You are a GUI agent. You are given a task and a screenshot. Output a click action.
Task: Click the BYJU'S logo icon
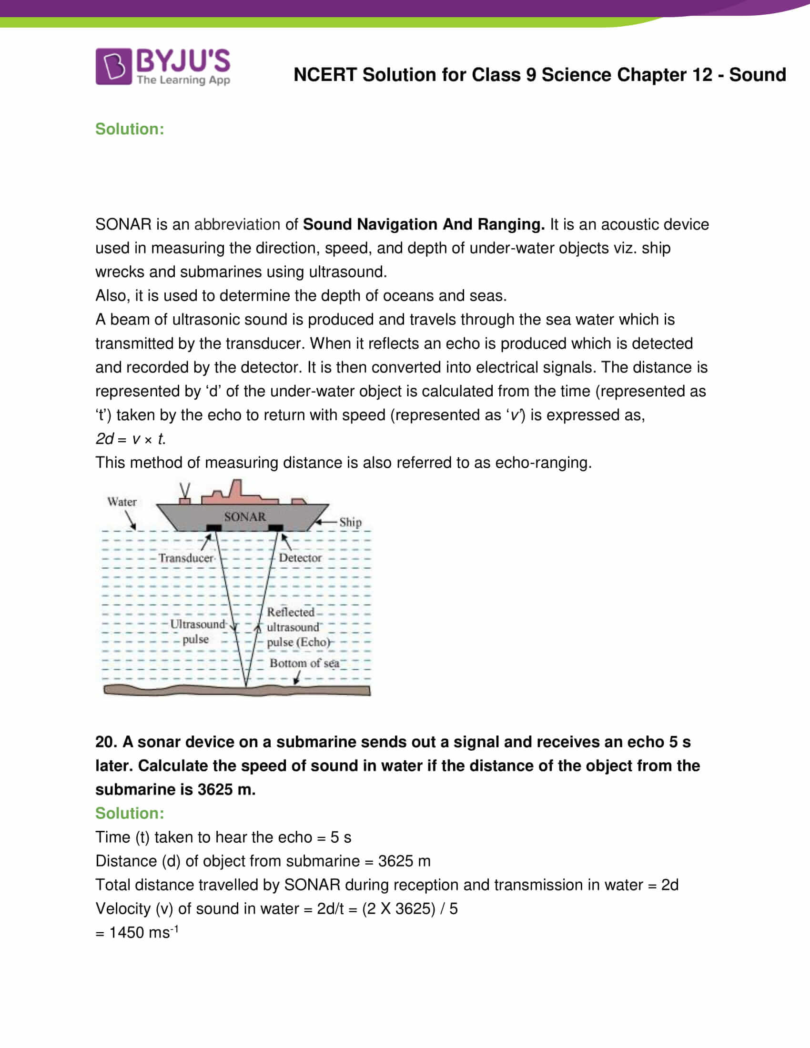click(x=113, y=66)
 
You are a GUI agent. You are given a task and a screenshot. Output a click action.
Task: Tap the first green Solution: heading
click(x=130, y=129)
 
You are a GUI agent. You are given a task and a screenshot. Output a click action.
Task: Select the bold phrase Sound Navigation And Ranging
click(x=423, y=224)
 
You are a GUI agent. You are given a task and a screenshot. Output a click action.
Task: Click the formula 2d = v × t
click(x=130, y=439)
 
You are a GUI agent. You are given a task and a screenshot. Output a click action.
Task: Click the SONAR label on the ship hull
click(x=245, y=517)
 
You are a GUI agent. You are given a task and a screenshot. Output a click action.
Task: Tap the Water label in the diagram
click(x=122, y=502)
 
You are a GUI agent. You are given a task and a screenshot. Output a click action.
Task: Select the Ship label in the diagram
click(x=350, y=522)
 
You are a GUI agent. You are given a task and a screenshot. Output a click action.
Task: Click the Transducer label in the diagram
click(x=186, y=558)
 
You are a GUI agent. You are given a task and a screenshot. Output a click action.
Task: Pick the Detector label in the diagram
click(x=300, y=558)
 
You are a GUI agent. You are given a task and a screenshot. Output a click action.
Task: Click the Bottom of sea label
click(x=304, y=663)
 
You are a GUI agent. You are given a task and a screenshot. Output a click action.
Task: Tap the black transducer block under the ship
click(x=213, y=528)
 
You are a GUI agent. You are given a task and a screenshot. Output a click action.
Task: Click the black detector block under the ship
click(x=275, y=528)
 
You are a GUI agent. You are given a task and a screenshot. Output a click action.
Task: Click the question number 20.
click(x=105, y=742)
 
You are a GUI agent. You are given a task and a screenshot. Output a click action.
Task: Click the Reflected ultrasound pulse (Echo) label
click(x=297, y=627)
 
